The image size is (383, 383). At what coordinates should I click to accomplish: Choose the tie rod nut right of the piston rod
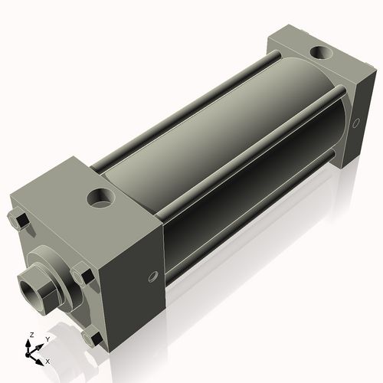click(x=83, y=273)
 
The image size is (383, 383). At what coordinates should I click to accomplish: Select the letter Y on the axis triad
click(x=47, y=338)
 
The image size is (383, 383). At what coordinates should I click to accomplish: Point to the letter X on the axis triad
click(x=47, y=360)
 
